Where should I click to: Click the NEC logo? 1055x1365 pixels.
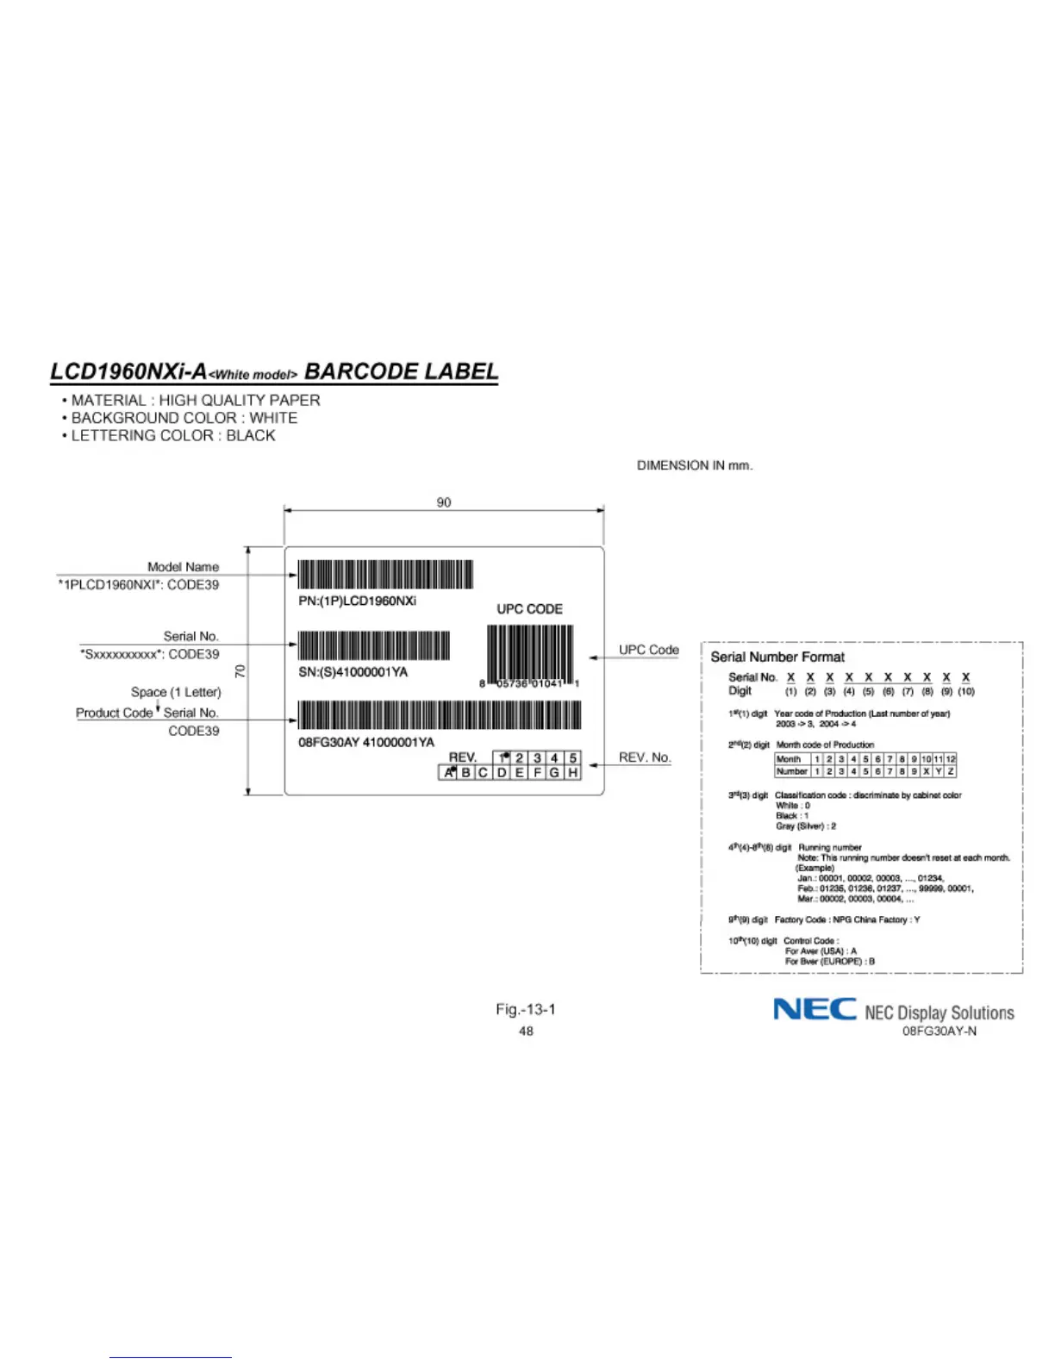tap(815, 1009)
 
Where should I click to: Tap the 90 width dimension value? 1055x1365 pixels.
tap(444, 502)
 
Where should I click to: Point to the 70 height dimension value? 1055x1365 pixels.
tap(240, 670)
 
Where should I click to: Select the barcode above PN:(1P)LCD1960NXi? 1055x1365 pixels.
tap(385, 575)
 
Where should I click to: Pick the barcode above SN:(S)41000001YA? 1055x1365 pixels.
tap(374, 645)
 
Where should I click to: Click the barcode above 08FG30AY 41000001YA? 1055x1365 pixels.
tap(440, 715)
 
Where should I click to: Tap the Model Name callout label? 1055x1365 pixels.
tap(183, 567)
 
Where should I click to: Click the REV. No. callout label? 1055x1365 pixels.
tap(644, 757)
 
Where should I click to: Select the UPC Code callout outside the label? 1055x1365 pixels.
tap(648, 650)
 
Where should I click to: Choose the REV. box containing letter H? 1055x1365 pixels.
tap(572, 773)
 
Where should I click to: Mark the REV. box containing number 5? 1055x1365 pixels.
tap(572, 758)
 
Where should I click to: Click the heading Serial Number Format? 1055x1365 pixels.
tap(777, 657)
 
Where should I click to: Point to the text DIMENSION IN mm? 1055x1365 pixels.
tap(695, 465)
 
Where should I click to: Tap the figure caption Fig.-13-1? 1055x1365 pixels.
tap(526, 1009)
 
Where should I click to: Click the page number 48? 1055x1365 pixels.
tap(526, 1031)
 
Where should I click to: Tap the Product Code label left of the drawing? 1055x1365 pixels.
tap(114, 713)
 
